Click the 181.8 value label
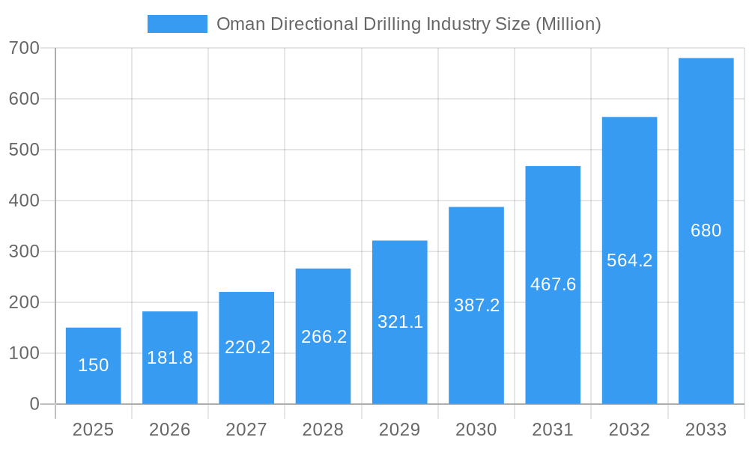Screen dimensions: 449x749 coord(170,358)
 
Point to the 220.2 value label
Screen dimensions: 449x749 coord(247,347)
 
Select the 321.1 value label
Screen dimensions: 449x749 coord(400,322)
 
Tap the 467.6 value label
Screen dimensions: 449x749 coord(553,284)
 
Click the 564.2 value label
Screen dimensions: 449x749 coord(629,260)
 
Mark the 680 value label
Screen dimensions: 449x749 coord(706,230)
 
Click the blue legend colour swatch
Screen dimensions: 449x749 coord(177,24)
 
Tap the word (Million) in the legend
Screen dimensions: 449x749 coord(568,24)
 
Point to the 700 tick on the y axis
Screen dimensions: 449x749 coord(24,48)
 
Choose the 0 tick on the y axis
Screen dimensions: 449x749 coord(34,404)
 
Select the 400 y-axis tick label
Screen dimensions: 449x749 coord(24,201)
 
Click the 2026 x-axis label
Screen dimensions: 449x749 coord(170,430)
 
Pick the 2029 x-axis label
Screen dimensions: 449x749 coord(400,430)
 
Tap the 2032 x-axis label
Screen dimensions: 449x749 coord(629,430)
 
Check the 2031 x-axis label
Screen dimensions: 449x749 coord(553,430)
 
